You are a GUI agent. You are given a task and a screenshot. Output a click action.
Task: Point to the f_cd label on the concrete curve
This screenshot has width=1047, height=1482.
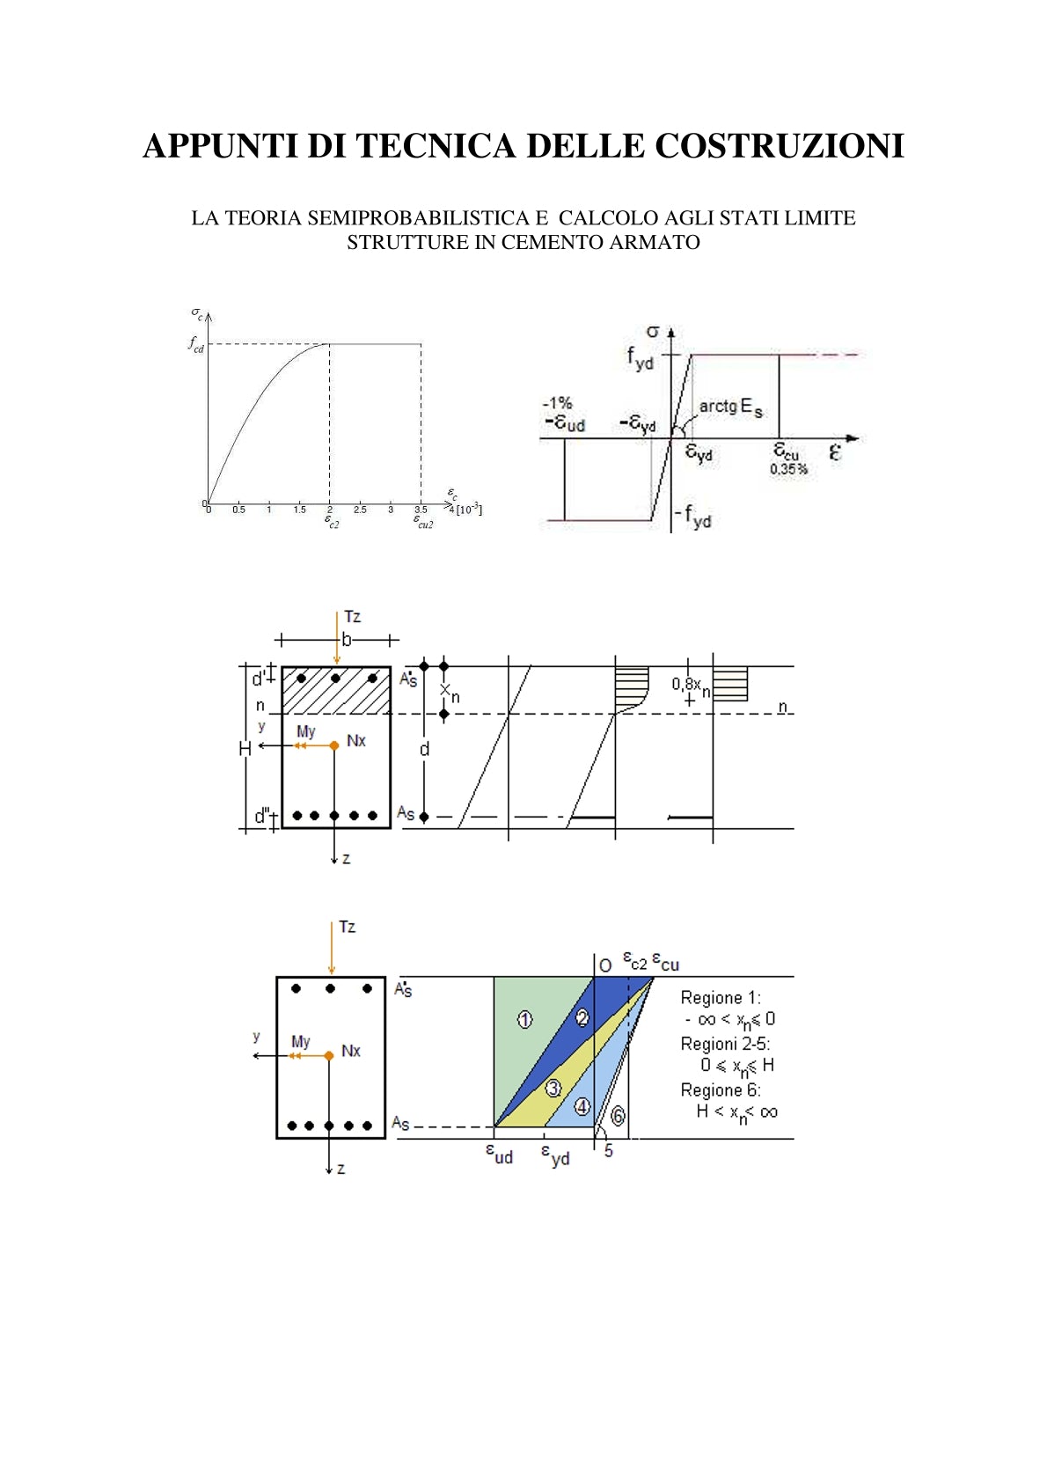point(195,344)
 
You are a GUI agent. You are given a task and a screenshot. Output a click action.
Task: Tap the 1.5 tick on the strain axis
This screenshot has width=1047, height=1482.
point(300,510)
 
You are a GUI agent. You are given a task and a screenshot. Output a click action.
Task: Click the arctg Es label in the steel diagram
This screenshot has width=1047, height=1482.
point(730,407)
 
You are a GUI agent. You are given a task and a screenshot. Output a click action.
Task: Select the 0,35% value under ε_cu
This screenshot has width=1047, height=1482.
point(788,469)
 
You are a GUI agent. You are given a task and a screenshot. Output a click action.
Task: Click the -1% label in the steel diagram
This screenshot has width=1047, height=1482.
point(558,403)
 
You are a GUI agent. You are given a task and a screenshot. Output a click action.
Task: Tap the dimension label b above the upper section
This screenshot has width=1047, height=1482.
point(347,640)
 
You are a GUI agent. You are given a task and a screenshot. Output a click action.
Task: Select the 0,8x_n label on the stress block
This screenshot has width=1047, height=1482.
point(691,685)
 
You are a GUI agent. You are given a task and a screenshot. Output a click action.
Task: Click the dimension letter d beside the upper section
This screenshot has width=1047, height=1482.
point(424,749)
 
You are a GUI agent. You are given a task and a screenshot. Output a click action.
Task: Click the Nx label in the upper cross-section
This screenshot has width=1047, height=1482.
point(355,741)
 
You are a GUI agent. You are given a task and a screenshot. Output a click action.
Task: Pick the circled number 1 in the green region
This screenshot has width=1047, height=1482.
point(524,1020)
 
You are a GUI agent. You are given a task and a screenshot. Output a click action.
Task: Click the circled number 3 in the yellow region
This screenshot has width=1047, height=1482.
point(553,1088)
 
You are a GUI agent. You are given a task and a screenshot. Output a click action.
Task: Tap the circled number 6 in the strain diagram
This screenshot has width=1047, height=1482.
point(618,1116)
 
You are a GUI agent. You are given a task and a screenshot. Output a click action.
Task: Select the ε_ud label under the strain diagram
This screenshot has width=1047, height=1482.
point(499,1153)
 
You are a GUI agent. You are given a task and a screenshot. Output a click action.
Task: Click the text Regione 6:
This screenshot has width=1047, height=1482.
point(720,1089)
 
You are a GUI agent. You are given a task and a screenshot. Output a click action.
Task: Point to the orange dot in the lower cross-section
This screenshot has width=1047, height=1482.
point(328,1055)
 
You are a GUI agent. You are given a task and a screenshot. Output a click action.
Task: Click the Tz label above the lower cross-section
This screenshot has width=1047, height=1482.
point(347,927)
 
